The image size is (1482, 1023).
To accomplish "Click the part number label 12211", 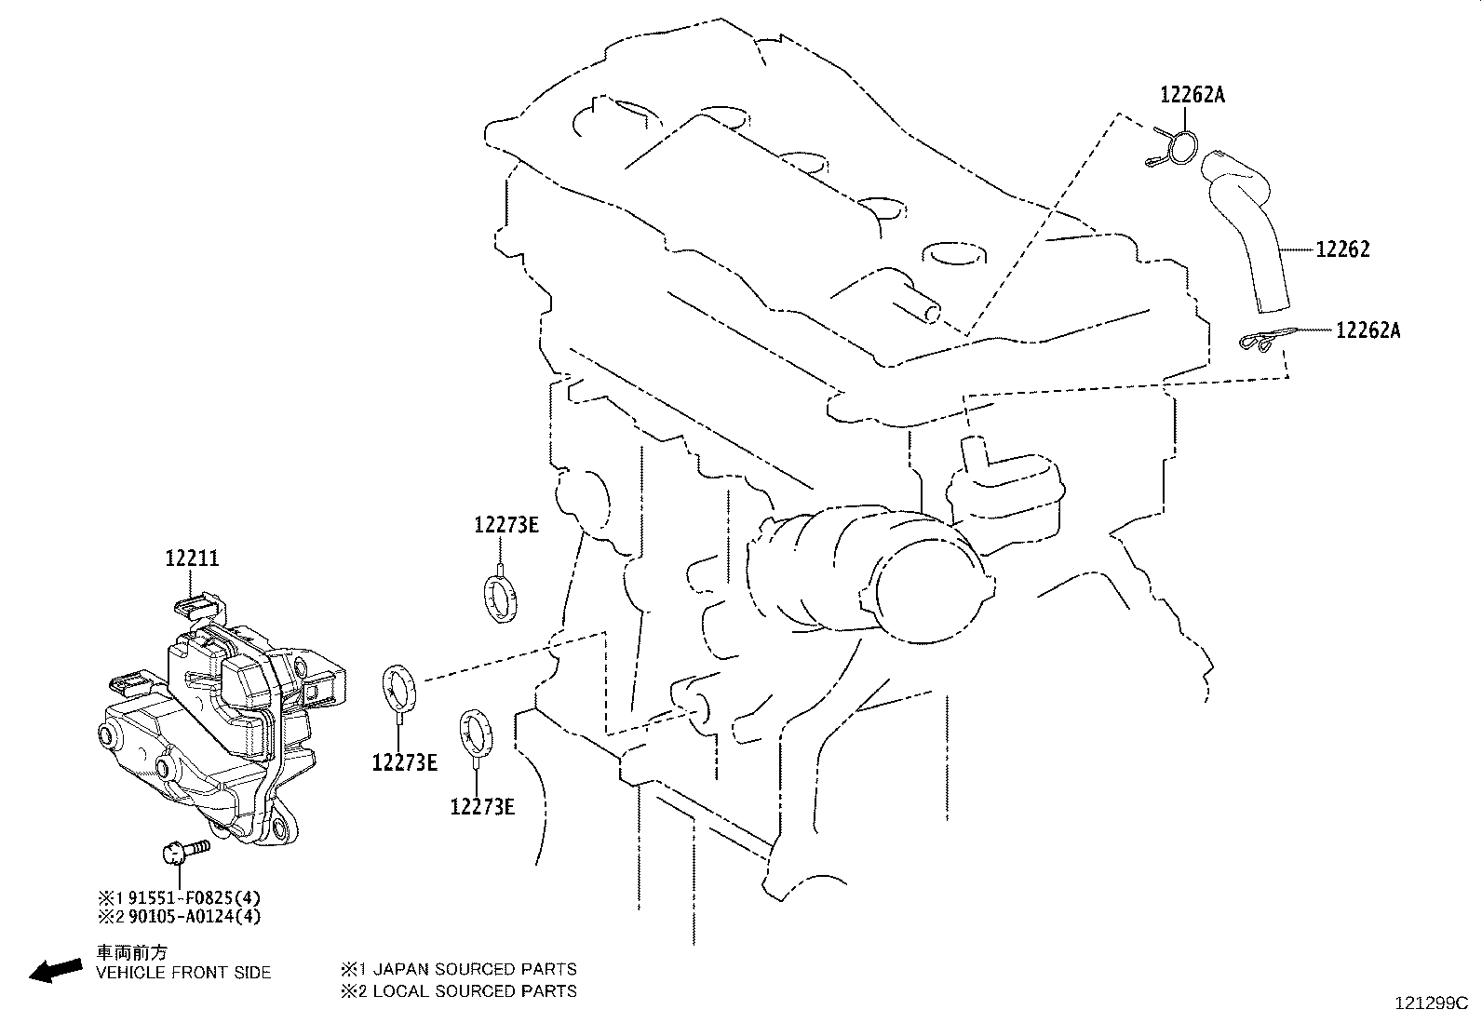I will [x=193, y=559].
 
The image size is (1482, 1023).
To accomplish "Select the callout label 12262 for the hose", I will [x=1342, y=249].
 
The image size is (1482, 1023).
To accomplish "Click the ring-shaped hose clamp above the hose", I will [x=1180, y=148].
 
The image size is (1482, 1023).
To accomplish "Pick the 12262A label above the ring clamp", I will [x=1192, y=93].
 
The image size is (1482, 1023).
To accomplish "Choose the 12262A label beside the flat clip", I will [x=1367, y=330].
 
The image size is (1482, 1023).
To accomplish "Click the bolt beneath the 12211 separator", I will [x=184, y=851].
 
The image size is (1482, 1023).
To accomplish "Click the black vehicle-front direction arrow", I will [x=55, y=971].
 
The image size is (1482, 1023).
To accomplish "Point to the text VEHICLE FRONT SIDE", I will [x=183, y=973].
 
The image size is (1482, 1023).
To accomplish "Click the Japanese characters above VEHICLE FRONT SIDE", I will [x=133, y=953].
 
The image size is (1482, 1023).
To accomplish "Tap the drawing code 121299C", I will [x=1430, y=1003].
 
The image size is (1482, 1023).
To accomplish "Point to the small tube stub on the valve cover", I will [x=917, y=311].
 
